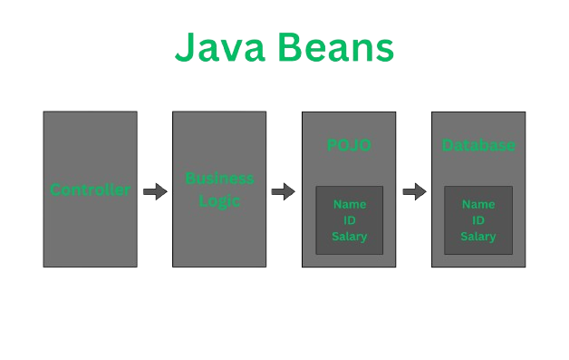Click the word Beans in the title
pyautogui.click(x=336, y=47)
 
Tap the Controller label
pyautogui.click(x=90, y=190)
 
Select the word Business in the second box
pyautogui.click(x=219, y=179)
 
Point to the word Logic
pyautogui.click(x=219, y=200)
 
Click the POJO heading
pyautogui.click(x=349, y=146)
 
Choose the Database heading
pyautogui.click(x=478, y=146)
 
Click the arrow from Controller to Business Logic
pyautogui.click(x=155, y=191)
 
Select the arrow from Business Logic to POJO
pyautogui.click(x=284, y=191)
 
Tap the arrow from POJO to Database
pyautogui.click(x=414, y=191)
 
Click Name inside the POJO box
pyautogui.click(x=350, y=205)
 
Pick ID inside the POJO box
pyautogui.click(x=350, y=220)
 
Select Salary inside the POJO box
pyautogui.click(x=350, y=237)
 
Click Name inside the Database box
pyautogui.click(x=478, y=205)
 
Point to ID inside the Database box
pyautogui.click(x=478, y=220)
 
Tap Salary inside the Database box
pyautogui.click(x=478, y=237)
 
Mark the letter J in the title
pyautogui.click(x=186, y=47)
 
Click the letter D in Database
pyautogui.click(x=448, y=146)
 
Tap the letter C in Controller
pyautogui.click(x=55, y=190)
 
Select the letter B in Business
pyautogui.click(x=190, y=179)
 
